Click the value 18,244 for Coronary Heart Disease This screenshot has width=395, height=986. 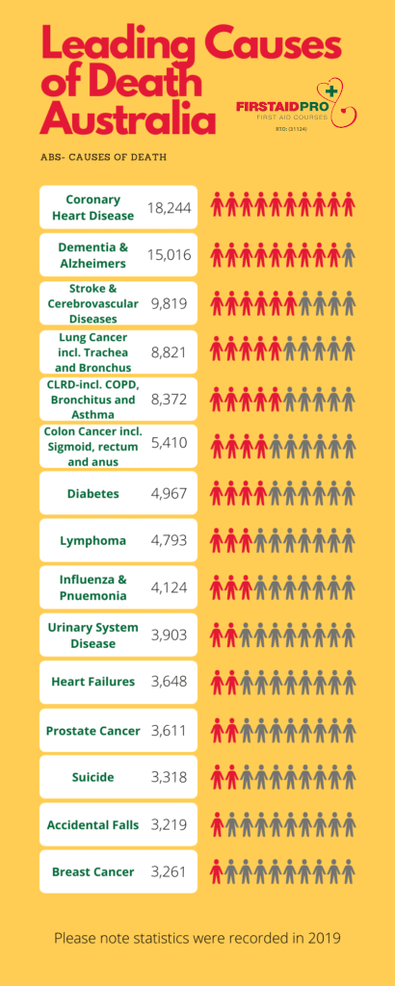(169, 208)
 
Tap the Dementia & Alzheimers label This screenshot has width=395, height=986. (92, 255)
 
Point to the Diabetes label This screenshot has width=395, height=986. (92, 493)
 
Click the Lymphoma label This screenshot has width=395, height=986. (92, 540)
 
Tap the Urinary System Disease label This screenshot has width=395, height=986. (92, 635)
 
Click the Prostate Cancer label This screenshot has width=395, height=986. (92, 731)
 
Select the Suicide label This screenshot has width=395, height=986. (92, 777)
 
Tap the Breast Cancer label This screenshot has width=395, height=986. (92, 871)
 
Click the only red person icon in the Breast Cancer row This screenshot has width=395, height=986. (217, 872)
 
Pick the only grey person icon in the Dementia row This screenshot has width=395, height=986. (348, 255)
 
